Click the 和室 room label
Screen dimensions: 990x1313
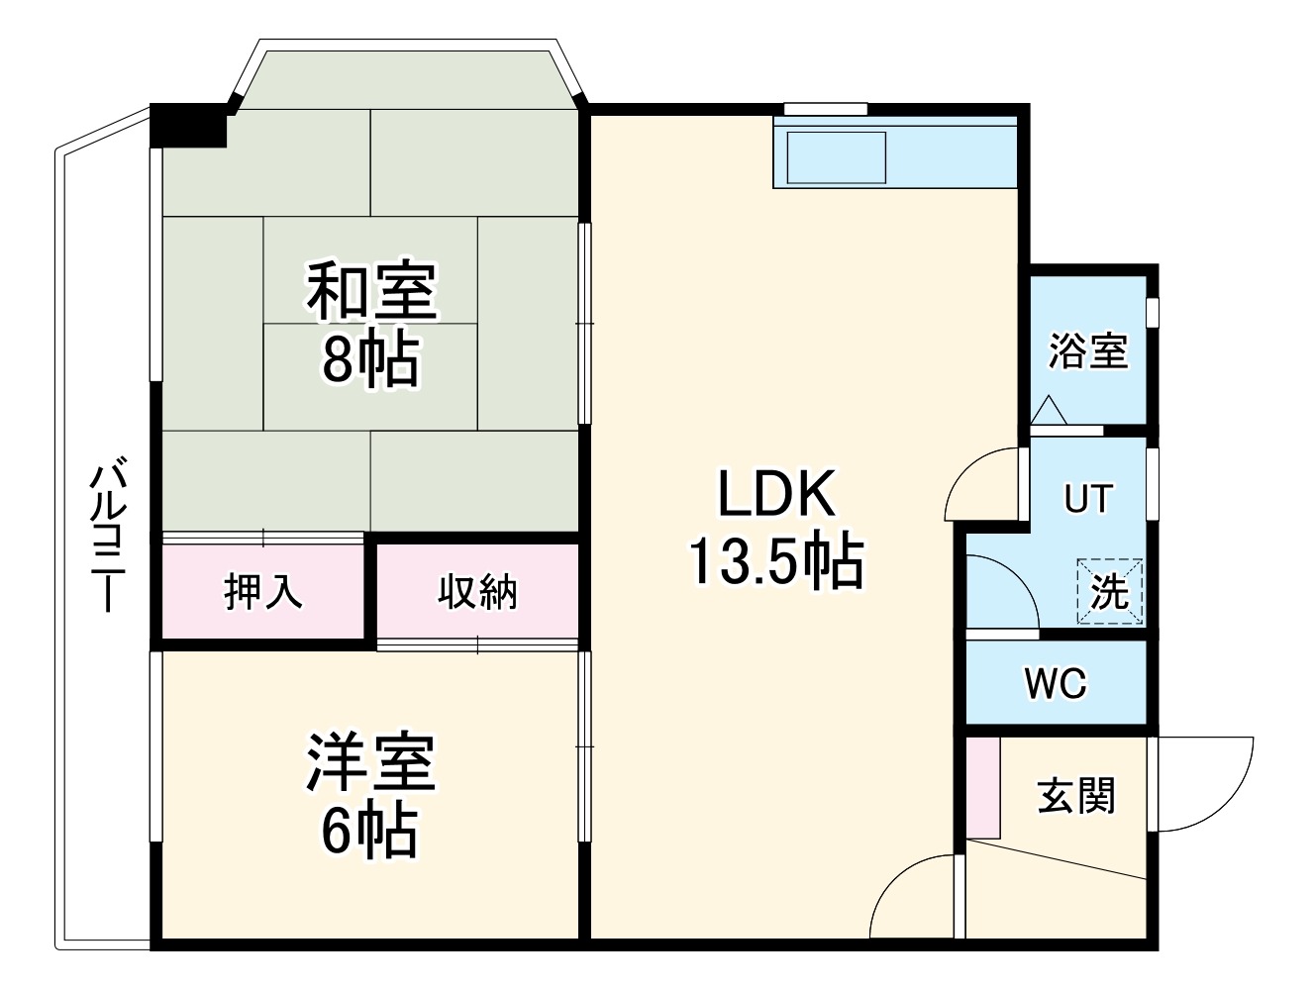[371, 291]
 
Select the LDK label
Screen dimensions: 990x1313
[776, 494]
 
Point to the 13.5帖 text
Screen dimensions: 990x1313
[776, 561]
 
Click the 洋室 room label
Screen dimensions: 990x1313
[371, 762]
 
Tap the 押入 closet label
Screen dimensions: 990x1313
[262, 592]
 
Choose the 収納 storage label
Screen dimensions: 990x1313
[477, 592]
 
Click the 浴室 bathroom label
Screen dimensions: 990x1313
[1088, 350]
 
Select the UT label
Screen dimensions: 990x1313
[1088, 499]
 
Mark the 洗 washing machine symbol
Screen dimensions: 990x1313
[1110, 591]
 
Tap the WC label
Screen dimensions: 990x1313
[1056, 683]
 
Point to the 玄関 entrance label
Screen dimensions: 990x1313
[1076, 795]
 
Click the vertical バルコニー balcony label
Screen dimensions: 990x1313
[108, 535]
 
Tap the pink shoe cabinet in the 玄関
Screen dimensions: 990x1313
[983, 787]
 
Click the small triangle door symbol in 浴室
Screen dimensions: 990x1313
[1049, 410]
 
